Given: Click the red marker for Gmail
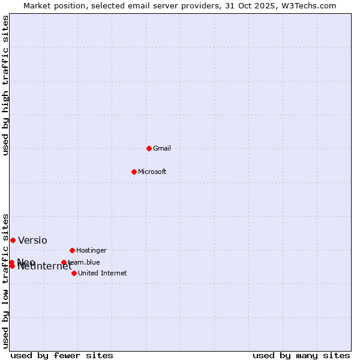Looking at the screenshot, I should pyautogui.click(x=149, y=148).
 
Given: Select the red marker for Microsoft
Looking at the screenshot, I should pyautogui.click(x=134, y=172).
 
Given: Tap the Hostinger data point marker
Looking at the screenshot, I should pyautogui.click(x=72, y=250).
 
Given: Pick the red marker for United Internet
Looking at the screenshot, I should pyautogui.click(x=74, y=273).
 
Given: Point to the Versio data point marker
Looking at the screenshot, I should pyautogui.click(x=13, y=240).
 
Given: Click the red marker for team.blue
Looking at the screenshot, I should pyautogui.click(x=64, y=262).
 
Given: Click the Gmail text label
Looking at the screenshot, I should pyautogui.click(x=162, y=148).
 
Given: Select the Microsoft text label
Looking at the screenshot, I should pyautogui.click(x=152, y=172).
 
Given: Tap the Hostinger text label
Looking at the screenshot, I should pyautogui.click(x=91, y=250).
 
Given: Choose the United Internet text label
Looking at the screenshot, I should pyautogui.click(x=103, y=273).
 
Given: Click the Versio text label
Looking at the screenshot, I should pyautogui.click(x=32, y=241).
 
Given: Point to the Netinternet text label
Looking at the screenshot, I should pyautogui.click(x=45, y=266).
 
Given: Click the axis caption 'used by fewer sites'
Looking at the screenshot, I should pyautogui.click(x=62, y=355).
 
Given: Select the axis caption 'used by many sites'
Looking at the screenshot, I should pyautogui.click(x=301, y=355).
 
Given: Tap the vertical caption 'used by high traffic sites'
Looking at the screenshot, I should pyautogui.click(x=5, y=85).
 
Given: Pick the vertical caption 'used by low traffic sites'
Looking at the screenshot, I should pyautogui.click(x=5, y=280).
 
